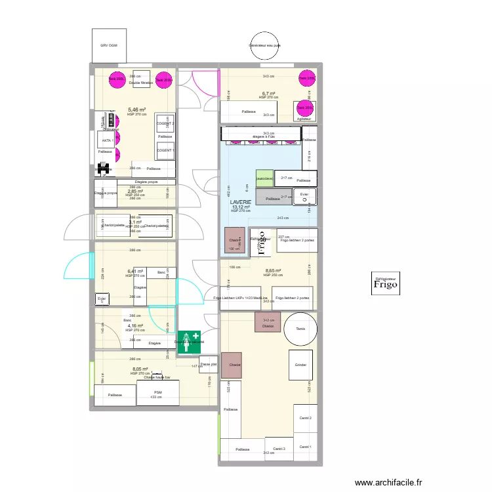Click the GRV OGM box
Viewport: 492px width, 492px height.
[108, 45]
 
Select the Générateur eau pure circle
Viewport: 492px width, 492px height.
[264, 45]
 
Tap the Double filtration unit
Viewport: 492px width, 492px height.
[140, 79]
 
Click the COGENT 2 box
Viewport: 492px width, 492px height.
[165, 123]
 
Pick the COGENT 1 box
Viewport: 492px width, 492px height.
[165, 150]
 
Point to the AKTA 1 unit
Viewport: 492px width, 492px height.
[107, 140]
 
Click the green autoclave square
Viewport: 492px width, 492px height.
[264, 178]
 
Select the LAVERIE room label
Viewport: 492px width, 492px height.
[241, 204]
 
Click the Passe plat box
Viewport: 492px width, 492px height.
[208, 365]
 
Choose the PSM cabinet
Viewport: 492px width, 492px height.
[157, 394]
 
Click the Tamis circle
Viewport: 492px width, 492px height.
[300, 329]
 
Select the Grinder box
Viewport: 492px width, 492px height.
[300, 365]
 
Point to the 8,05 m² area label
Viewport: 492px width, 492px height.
[140, 369]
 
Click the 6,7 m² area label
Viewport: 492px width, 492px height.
[268, 94]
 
